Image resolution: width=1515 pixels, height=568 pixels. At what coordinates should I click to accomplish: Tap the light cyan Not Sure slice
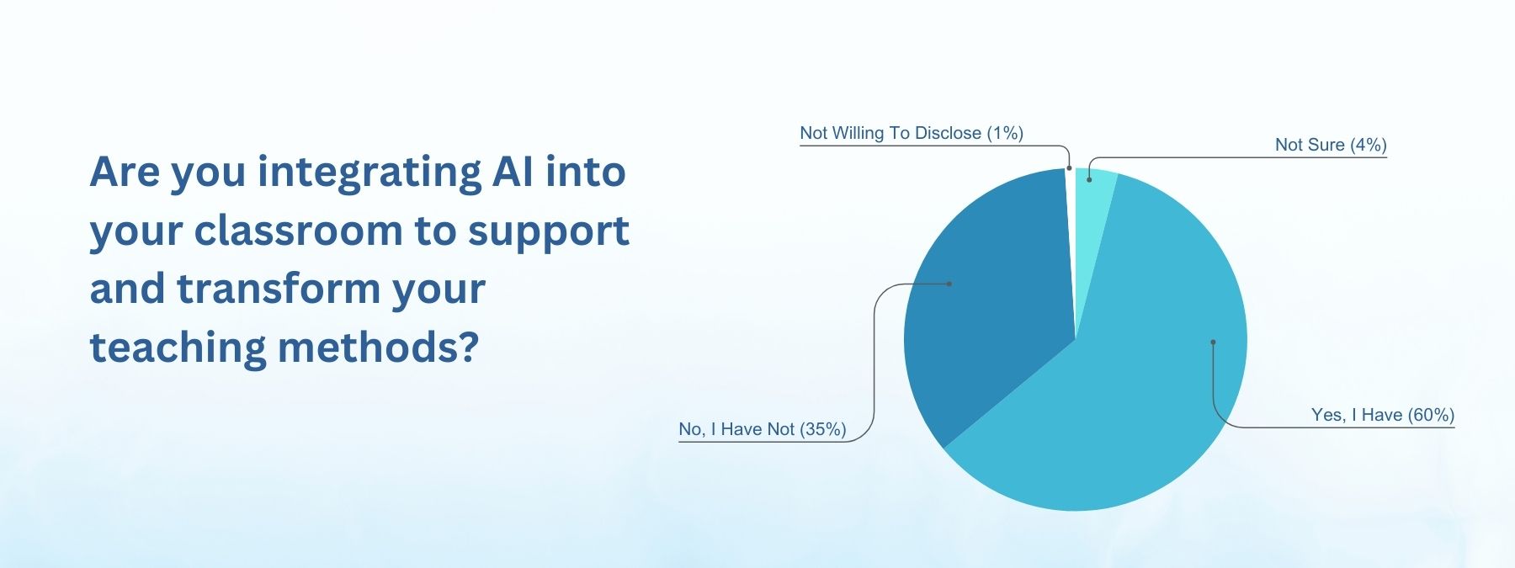click(x=1092, y=194)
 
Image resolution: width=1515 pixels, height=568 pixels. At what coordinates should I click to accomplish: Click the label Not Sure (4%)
click(x=1331, y=145)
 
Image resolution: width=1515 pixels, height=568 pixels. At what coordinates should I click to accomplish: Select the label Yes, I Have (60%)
click(x=1383, y=415)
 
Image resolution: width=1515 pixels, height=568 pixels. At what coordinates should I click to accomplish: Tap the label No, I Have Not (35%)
click(x=763, y=429)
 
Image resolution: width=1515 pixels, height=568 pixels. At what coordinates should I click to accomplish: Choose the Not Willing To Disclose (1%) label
click(x=912, y=133)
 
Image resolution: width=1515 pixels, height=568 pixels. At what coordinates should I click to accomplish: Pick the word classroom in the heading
click(x=298, y=231)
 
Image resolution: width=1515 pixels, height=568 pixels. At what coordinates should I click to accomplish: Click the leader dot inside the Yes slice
click(x=1213, y=342)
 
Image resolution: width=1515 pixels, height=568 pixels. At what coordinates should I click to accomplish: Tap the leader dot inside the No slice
click(x=949, y=284)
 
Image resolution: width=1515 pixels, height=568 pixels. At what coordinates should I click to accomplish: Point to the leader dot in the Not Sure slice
click(x=1089, y=179)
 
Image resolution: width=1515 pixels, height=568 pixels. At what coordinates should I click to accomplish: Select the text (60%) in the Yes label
click(x=1432, y=415)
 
